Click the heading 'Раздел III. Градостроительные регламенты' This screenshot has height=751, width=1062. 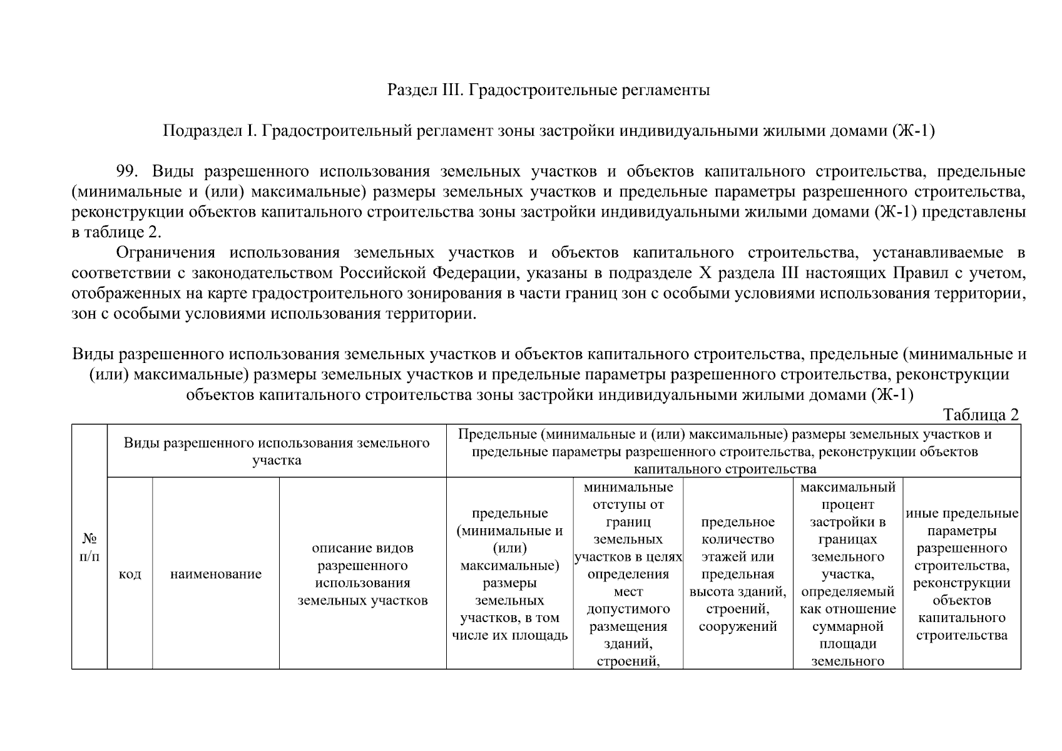coord(548,90)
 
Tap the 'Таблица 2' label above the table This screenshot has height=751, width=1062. coord(981,415)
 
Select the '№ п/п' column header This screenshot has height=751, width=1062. coord(89,547)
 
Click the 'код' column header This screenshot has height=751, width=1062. coord(130,574)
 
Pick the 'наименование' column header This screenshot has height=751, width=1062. coord(216,574)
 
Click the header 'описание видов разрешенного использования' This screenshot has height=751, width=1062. coord(362,574)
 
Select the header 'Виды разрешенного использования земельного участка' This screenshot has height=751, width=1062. coord(277,451)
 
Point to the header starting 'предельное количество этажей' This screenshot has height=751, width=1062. coord(738,574)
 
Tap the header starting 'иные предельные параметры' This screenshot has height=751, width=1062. coord(962,574)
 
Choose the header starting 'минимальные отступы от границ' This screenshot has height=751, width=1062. coord(628,574)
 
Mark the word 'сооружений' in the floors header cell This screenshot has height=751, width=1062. coord(738,626)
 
